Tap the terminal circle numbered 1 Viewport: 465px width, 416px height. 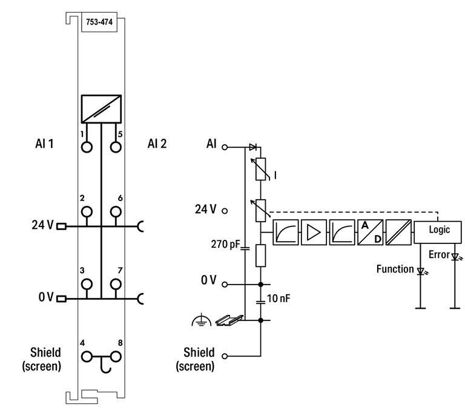point(87,147)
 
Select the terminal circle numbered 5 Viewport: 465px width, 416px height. point(116,147)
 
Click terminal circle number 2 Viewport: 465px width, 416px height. point(87,211)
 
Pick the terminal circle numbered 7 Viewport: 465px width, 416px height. point(116,283)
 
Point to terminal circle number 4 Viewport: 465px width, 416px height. point(87,357)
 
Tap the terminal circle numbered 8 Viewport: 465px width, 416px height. point(116,357)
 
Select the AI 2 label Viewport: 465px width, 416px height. point(157,144)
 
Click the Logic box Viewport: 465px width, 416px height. point(439,230)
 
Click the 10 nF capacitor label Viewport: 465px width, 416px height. point(279,299)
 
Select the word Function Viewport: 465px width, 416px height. point(395,269)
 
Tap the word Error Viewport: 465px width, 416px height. point(438,255)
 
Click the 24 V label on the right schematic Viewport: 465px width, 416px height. point(205,210)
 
